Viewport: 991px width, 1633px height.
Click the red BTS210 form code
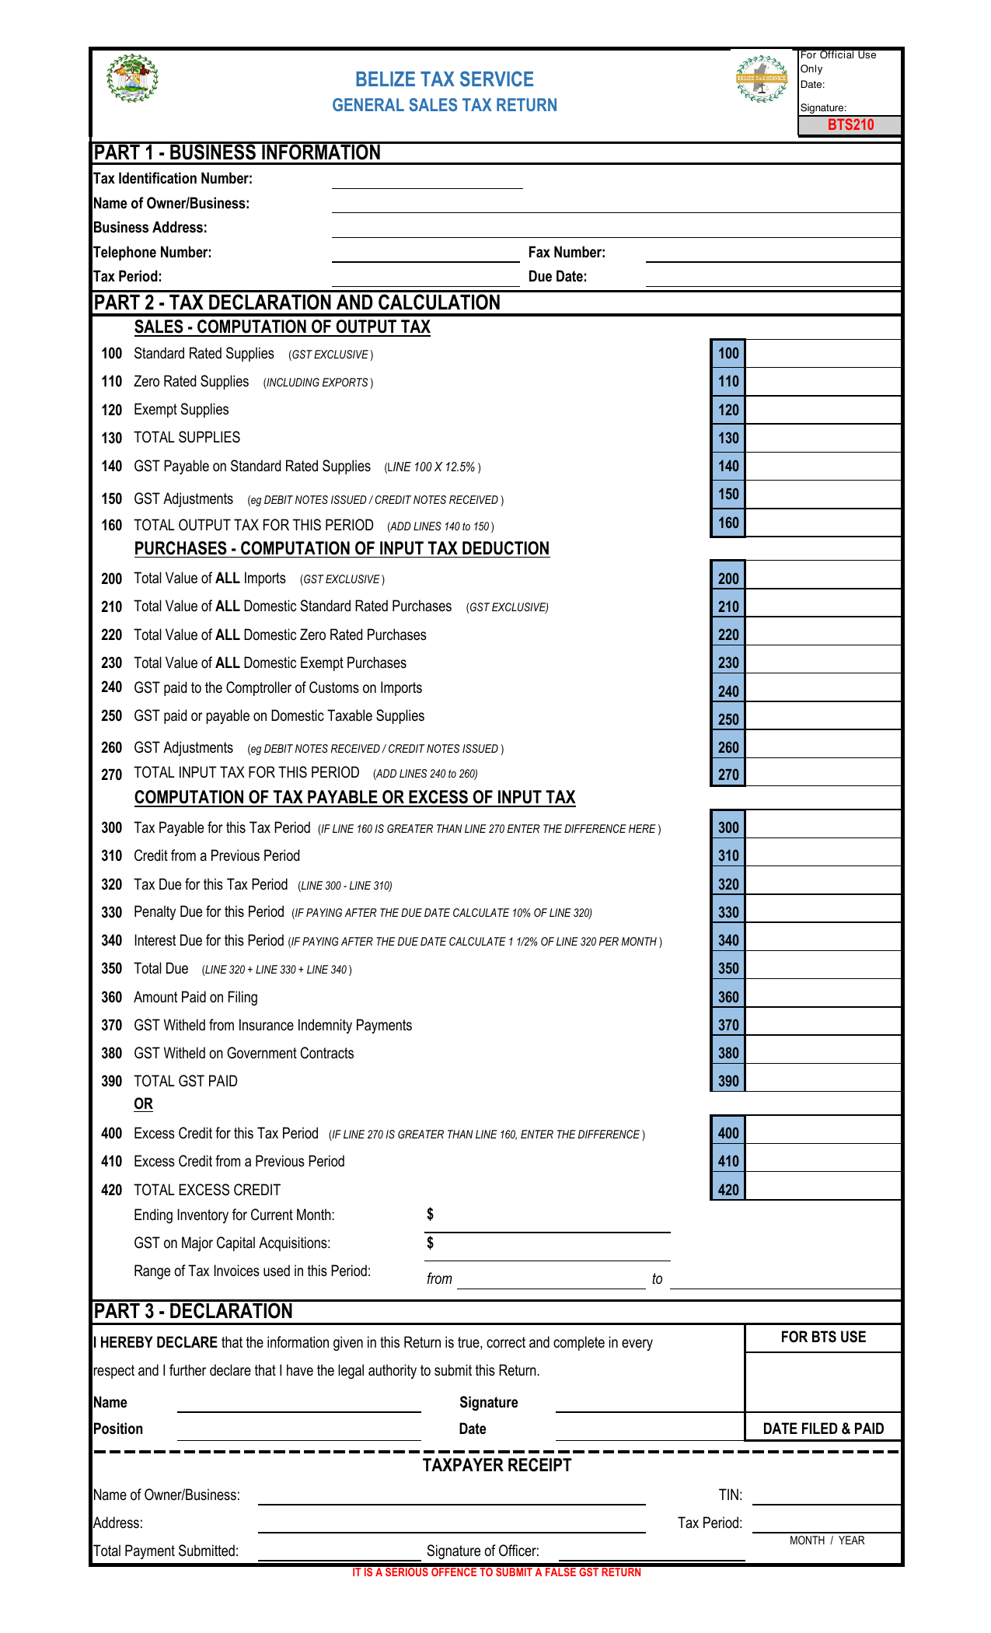(850, 125)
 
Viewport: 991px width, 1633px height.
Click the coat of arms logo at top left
(132, 79)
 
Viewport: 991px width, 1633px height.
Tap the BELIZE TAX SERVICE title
(444, 79)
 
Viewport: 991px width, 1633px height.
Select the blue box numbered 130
(728, 438)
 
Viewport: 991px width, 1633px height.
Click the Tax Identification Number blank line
(427, 180)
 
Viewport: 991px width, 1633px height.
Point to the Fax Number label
(567, 252)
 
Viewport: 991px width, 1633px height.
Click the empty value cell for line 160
(822, 523)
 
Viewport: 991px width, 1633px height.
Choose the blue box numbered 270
(728, 775)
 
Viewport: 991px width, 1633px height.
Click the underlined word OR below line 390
(143, 1104)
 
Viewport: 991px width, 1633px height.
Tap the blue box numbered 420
(728, 1190)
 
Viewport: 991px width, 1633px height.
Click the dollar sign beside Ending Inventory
(430, 1215)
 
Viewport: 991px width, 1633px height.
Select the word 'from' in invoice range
(439, 1279)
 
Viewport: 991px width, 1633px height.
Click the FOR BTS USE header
(822, 1338)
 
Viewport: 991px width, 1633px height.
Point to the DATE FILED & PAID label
(822, 1428)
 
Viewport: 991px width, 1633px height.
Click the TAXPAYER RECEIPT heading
(497, 1466)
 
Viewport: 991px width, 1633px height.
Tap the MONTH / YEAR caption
(826, 1540)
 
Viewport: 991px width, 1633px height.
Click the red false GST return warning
(496, 1572)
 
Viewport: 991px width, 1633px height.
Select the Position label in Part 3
(118, 1428)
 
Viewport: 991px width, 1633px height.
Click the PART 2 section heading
(297, 302)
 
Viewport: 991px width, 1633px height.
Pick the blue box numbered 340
(728, 940)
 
